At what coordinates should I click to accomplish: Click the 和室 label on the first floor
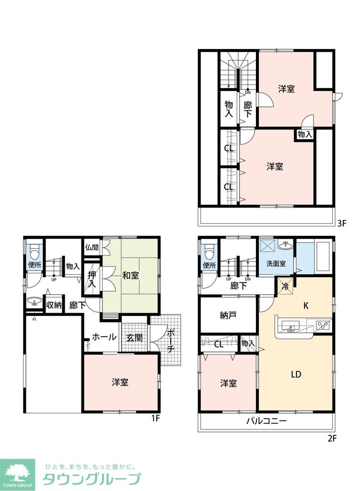[130, 276]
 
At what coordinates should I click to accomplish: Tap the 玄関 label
[135, 338]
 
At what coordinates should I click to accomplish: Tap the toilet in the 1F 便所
[34, 251]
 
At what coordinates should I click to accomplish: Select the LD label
[296, 374]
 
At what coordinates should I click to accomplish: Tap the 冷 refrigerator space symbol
[285, 287]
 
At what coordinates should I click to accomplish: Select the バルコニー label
[267, 422]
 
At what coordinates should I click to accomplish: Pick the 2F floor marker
[333, 438]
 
